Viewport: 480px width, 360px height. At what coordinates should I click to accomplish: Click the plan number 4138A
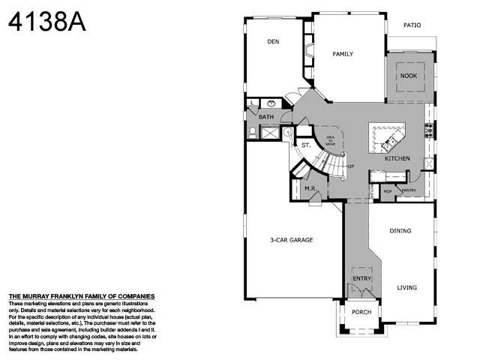click(x=46, y=22)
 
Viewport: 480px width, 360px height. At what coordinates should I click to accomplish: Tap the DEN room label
click(x=273, y=42)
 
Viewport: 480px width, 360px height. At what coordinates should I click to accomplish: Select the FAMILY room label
click(x=343, y=54)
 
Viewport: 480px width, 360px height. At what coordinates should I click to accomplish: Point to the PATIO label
click(x=412, y=25)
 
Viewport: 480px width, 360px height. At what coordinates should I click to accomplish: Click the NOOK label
click(x=408, y=76)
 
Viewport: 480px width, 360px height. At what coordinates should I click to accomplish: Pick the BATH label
click(x=266, y=117)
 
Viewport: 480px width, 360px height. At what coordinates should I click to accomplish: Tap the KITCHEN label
click(x=397, y=159)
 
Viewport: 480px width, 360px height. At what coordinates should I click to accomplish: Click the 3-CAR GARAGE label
click(x=292, y=240)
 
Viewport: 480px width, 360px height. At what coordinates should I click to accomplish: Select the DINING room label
click(x=400, y=231)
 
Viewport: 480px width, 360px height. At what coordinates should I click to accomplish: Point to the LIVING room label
click(x=406, y=287)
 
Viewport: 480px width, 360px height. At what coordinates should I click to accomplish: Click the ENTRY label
click(x=362, y=280)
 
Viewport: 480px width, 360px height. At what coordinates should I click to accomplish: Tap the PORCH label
click(x=361, y=312)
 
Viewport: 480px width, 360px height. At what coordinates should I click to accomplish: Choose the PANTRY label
click(x=408, y=191)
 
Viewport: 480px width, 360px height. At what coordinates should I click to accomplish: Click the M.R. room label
click(x=309, y=188)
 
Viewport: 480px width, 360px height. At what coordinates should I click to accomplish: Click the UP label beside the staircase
click(x=350, y=165)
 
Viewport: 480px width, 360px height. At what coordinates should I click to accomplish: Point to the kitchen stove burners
click(x=429, y=130)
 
